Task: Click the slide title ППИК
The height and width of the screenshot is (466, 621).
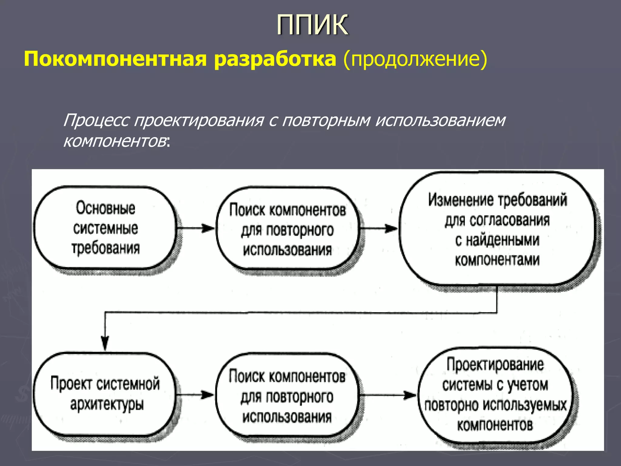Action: tap(312, 25)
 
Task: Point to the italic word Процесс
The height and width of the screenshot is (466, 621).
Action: tap(96, 120)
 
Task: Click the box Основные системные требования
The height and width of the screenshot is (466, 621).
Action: tap(105, 228)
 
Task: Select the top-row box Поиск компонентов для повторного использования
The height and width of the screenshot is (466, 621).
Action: tap(287, 230)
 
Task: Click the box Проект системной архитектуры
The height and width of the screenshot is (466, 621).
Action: tap(105, 394)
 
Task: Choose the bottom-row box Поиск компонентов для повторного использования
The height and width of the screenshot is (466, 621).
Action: tap(287, 396)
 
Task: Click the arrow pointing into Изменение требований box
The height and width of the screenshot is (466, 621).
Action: tap(379, 228)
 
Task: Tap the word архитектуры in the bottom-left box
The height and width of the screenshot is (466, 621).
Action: tap(107, 405)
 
